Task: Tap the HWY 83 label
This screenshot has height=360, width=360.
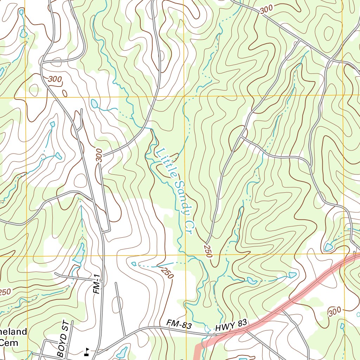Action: [x=232, y=325]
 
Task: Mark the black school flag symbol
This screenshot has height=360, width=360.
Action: [x=86, y=352]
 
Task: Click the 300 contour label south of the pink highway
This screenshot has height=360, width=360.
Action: [x=334, y=311]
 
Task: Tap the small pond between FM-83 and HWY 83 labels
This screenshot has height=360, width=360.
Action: [x=207, y=328]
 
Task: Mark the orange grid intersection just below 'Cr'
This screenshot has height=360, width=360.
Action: [x=185, y=255]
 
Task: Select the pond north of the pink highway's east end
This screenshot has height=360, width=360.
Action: [x=329, y=247]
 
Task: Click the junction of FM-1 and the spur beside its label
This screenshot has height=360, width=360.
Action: [x=103, y=232]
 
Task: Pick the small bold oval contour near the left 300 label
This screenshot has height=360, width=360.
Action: [x=65, y=93]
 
